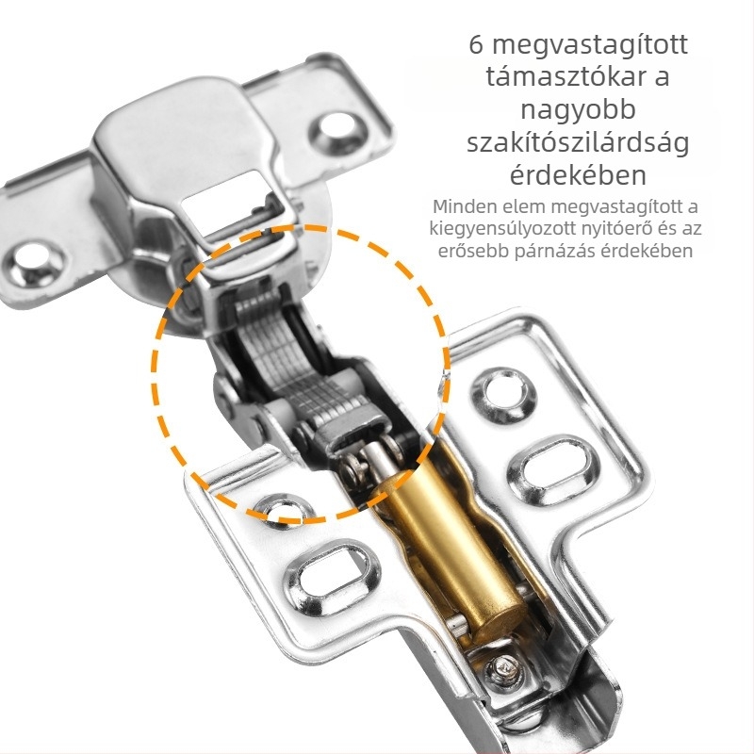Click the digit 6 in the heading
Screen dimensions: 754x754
[x=476, y=44]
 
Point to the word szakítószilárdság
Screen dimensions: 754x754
[x=578, y=143]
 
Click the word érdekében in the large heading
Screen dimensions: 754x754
[x=578, y=175]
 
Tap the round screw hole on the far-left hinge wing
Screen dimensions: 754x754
[x=34, y=264]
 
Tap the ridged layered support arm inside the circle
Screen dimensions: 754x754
[x=288, y=357]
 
